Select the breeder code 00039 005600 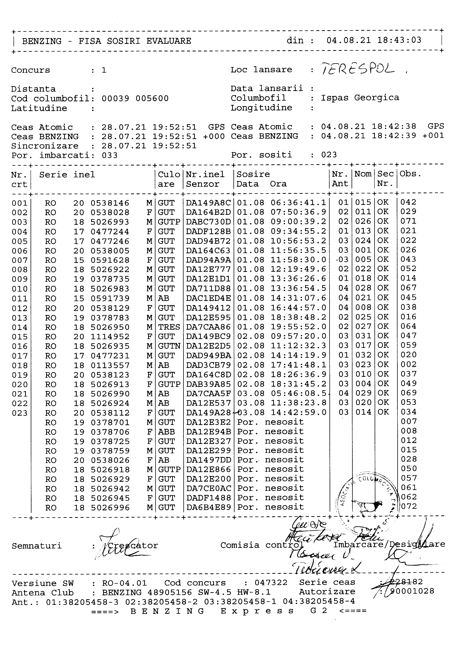135,99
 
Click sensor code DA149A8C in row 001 208,203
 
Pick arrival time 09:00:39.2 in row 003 298,222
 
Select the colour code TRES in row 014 169,327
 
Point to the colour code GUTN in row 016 169,346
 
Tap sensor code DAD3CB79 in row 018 208,365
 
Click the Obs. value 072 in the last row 409,506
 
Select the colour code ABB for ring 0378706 166,432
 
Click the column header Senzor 202,184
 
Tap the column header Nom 363,174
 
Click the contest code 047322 271,583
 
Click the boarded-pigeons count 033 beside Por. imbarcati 110,155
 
